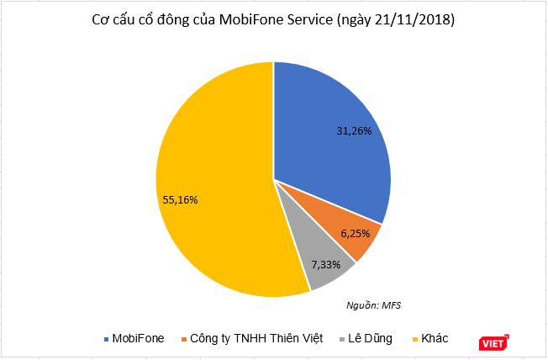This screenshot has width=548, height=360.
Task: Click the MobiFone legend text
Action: pos(138,338)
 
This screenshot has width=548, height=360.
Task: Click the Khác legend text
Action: pos(435,338)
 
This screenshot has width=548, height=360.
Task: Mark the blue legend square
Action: pos(106,339)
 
